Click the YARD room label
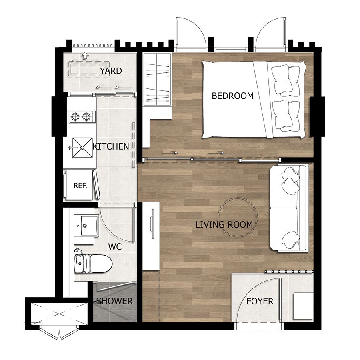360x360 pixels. [x=111, y=71]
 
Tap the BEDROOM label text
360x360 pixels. [x=232, y=96]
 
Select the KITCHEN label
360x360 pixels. [x=111, y=146]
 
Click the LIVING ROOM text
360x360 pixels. [x=224, y=225]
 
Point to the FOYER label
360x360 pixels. [x=260, y=301]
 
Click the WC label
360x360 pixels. [x=115, y=247]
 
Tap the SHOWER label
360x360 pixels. [x=114, y=301]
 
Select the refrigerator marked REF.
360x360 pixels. [x=81, y=185]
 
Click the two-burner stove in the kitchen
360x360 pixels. [x=82, y=117]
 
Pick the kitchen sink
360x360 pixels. [x=82, y=147]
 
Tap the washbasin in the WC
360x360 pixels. [x=84, y=226]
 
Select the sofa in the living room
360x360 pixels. [x=288, y=208]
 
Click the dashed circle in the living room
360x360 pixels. [x=237, y=218]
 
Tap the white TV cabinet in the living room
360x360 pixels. [x=151, y=236]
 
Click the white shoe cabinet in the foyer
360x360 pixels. [x=303, y=306]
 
